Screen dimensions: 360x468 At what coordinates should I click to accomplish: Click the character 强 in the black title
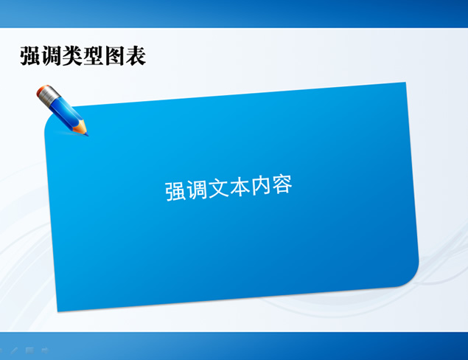31,55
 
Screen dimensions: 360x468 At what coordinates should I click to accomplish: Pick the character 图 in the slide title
115,55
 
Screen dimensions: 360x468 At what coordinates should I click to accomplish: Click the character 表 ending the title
136,55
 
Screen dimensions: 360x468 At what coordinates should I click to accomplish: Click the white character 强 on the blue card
175,190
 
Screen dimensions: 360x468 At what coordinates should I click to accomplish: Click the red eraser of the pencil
43,91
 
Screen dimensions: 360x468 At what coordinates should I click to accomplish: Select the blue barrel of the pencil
65,113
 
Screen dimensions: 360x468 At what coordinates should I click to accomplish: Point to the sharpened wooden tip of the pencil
82,130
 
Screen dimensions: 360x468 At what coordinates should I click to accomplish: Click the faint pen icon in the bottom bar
14,350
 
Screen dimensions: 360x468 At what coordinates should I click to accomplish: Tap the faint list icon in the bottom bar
29,350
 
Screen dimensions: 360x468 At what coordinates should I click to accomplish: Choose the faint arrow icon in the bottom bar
45,350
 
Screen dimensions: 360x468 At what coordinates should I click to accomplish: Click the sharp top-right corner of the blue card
404,84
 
